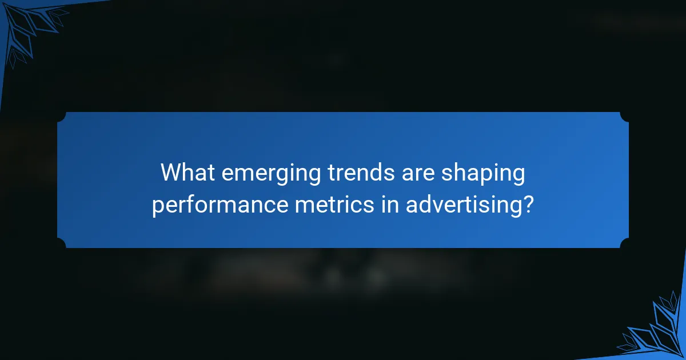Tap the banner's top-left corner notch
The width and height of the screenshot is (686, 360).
pyautogui.click(x=61, y=116)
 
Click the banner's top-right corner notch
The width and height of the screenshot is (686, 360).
pyautogui.click(x=625, y=116)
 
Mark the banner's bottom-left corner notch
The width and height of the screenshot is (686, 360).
pyautogui.click(x=61, y=244)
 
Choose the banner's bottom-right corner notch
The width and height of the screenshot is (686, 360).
pyautogui.click(x=625, y=244)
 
